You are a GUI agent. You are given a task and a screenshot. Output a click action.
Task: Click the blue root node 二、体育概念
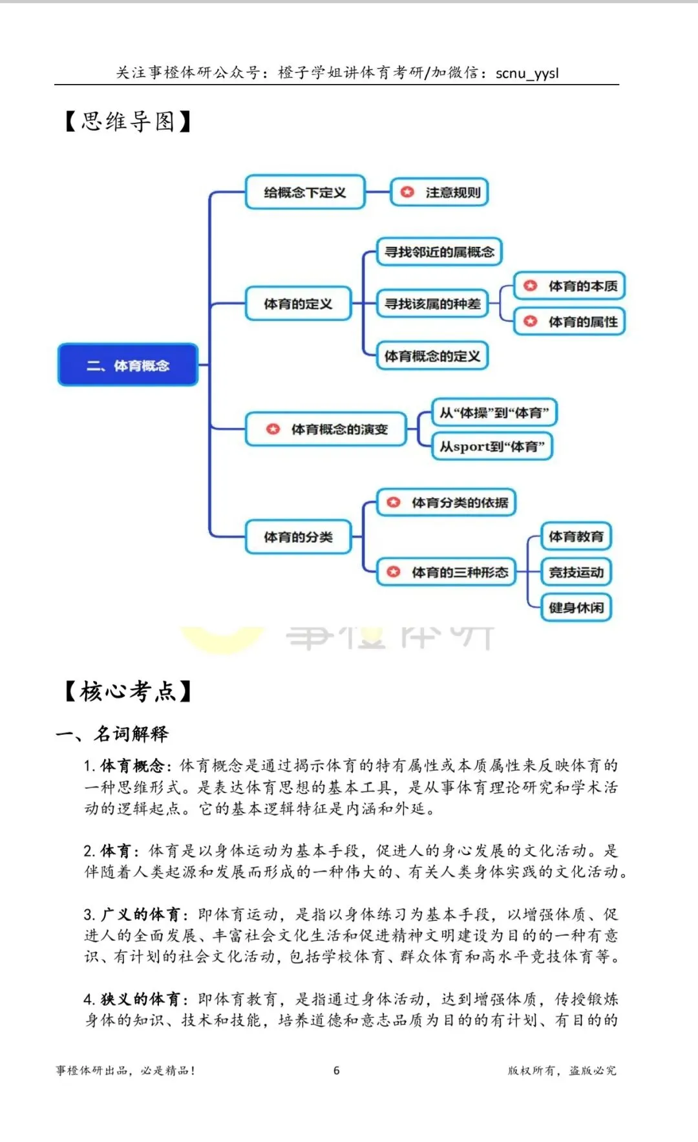click(128, 365)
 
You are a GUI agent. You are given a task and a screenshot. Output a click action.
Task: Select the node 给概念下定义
click(305, 192)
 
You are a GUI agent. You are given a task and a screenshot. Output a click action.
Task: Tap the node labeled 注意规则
click(439, 192)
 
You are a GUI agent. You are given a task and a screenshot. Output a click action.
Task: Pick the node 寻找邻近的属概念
click(439, 252)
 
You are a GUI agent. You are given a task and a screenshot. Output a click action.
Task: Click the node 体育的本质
click(569, 286)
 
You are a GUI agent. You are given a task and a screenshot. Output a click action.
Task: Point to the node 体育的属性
click(569, 321)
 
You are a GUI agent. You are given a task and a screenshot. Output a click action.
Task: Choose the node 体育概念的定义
click(432, 356)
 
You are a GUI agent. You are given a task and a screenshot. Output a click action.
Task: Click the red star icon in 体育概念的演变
click(273, 429)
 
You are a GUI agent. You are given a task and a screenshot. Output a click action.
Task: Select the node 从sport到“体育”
click(492, 447)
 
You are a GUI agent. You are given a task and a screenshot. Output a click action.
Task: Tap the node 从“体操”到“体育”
click(494, 412)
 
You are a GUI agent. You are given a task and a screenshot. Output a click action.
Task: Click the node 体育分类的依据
click(447, 502)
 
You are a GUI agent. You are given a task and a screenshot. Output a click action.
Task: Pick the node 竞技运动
click(576, 572)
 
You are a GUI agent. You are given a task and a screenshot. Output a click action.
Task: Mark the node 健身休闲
click(576, 608)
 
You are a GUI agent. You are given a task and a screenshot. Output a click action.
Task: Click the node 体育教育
click(576, 536)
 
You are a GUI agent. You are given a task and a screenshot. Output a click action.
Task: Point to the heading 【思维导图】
click(128, 121)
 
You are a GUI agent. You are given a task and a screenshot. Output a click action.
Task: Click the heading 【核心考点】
click(128, 691)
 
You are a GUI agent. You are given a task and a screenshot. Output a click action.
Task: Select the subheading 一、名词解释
click(112, 734)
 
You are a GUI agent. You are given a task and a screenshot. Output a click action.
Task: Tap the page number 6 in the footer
click(336, 1070)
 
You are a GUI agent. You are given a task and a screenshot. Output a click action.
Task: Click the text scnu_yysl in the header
click(527, 73)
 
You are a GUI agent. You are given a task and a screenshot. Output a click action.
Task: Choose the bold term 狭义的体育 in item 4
click(140, 999)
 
